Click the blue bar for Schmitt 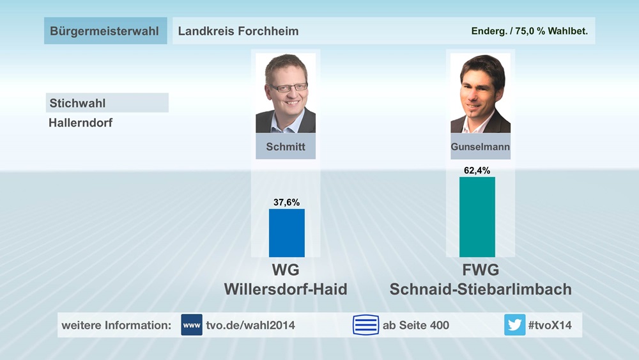286,233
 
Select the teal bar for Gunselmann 477,217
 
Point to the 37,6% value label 286,202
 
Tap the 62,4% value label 477,170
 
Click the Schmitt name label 286,146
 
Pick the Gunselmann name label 480,147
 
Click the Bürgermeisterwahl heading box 105,31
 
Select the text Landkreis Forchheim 238,31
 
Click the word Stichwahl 77,103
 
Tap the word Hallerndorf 81,122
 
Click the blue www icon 192,325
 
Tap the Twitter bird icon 514,325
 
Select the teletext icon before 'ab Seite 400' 366,325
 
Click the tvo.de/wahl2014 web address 250,325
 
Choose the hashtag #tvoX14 550,325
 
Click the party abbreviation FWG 480,270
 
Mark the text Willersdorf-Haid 286,289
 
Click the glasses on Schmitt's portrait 288,87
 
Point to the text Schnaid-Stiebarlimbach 481,289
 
